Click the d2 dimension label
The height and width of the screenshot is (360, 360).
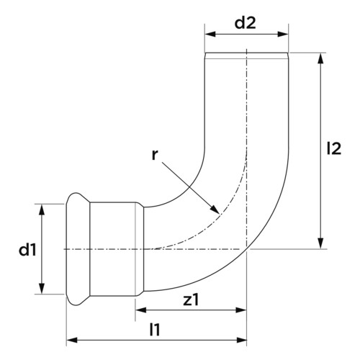pos(245,23)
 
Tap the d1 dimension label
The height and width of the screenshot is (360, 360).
pos(27,250)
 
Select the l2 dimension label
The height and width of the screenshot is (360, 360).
pos(334,148)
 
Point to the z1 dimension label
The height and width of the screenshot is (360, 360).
pos(191,300)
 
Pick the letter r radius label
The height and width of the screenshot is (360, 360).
pos(155,156)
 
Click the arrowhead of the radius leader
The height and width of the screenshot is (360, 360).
pos(215,210)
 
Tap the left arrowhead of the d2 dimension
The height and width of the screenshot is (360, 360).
pos(210,34)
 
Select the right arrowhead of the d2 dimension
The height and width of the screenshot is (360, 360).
pos(283,34)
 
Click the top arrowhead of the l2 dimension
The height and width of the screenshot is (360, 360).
pos(320,58)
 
